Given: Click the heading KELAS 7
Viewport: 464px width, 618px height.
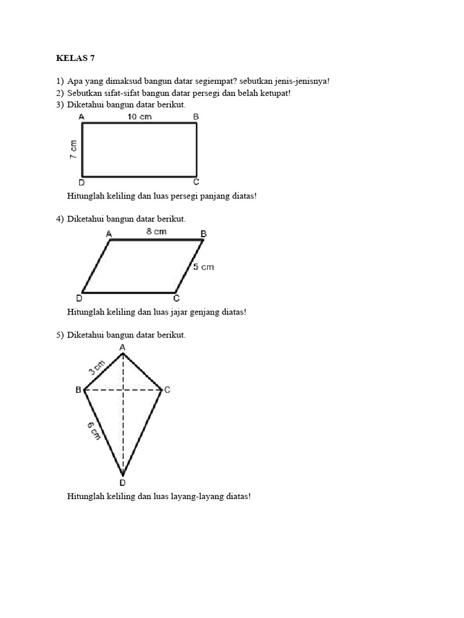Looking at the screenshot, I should [76, 59].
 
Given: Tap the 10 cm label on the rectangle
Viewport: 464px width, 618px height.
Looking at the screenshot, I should [139, 116].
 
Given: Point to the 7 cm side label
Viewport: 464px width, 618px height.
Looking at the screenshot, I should [73, 149].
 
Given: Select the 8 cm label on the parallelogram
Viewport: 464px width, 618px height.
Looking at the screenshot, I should [156, 232].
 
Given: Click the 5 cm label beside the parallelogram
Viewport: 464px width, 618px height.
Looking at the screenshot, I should [204, 267].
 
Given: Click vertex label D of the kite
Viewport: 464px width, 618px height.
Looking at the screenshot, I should [123, 483].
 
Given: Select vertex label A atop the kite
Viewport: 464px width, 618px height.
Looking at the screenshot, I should [123, 347].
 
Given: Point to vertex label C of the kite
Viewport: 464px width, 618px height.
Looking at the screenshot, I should [167, 390].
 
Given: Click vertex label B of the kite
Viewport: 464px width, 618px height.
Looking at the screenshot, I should [78, 390].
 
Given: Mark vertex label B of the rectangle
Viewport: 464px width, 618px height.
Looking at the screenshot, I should [196, 116].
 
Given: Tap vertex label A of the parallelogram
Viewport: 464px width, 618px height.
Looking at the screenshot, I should [109, 234].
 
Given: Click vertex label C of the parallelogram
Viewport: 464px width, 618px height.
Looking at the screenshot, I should [176, 298].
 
